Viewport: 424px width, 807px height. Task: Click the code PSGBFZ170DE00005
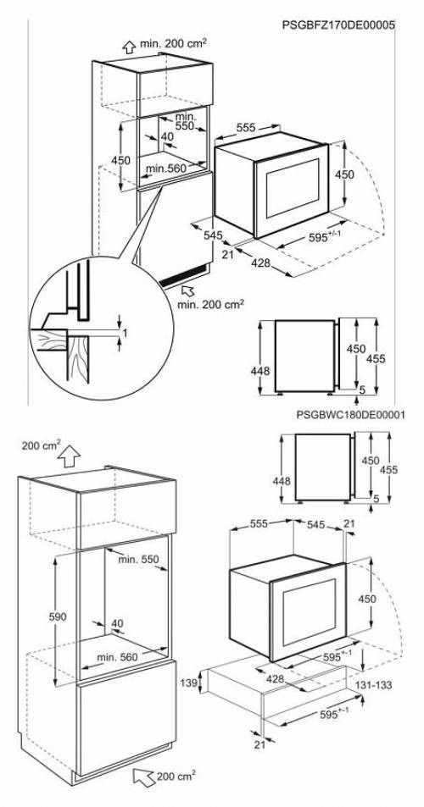(x=338, y=25)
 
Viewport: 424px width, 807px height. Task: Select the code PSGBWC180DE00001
(x=350, y=415)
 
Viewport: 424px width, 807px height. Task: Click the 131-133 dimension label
(x=372, y=685)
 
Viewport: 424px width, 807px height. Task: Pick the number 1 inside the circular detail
(x=124, y=333)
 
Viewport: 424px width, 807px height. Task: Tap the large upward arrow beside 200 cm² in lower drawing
(x=69, y=456)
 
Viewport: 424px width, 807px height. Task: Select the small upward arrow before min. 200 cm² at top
(x=128, y=47)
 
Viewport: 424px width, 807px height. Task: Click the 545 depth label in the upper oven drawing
(x=212, y=235)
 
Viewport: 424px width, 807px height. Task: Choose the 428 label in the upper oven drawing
(x=260, y=263)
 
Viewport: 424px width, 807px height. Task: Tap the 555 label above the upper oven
(x=246, y=128)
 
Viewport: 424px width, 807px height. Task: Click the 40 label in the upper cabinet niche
(x=167, y=136)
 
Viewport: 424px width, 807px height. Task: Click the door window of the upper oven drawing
(x=292, y=188)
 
